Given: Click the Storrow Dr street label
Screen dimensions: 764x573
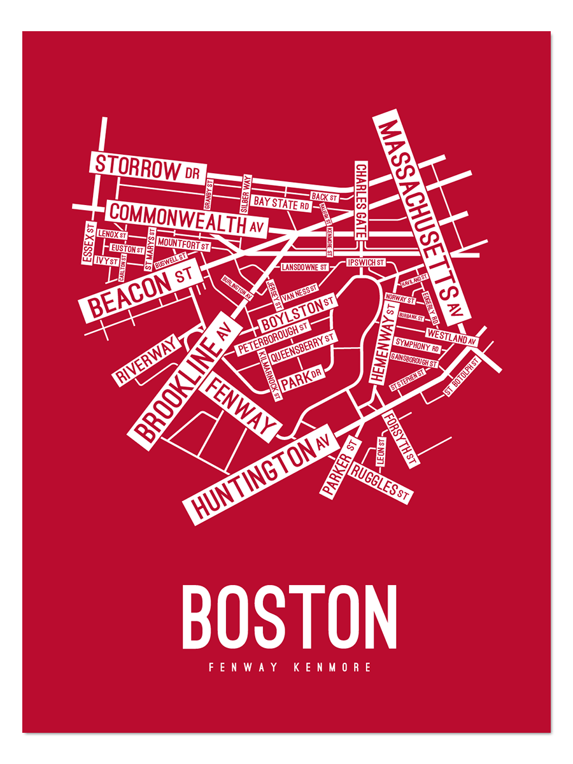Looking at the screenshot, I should point(146,167).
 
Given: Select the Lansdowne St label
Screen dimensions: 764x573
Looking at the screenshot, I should point(305,267).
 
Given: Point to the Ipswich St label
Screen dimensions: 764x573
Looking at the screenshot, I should point(365,262).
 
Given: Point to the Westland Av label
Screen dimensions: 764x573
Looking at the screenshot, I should point(451,337).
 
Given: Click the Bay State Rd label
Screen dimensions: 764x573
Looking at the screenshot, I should point(281,203).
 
